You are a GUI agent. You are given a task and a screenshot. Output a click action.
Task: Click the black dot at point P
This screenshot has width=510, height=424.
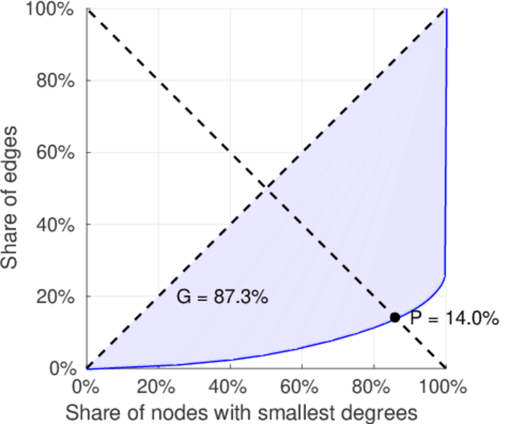(x=395, y=317)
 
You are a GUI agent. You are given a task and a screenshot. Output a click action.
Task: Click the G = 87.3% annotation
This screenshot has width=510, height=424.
(x=221, y=298)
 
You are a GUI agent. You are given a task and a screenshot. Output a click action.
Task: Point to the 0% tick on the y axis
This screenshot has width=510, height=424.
(x=66, y=368)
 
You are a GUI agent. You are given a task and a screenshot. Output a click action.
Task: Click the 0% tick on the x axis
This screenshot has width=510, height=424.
(x=86, y=387)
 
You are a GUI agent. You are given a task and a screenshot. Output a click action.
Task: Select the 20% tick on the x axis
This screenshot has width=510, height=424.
(x=158, y=387)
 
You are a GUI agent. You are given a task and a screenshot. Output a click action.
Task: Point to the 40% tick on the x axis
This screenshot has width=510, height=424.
(x=230, y=387)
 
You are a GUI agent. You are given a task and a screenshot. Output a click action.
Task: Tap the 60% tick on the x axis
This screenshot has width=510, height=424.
(x=301, y=387)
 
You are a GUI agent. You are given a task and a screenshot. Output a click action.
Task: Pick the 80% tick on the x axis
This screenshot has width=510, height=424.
(x=373, y=387)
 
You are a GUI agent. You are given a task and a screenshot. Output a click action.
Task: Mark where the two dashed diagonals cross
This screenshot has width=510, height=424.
(x=266, y=188)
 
